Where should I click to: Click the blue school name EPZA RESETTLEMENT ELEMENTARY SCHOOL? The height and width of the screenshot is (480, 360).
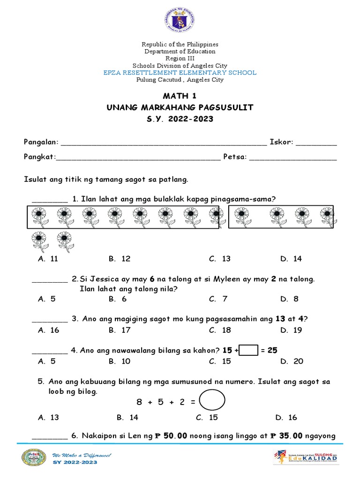click(x=180, y=73)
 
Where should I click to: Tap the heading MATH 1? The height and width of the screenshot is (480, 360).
click(x=180, y=96)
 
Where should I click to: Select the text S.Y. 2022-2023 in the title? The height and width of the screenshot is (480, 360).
click(x=180, y=119)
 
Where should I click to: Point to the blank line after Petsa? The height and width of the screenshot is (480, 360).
click(x=293, y=158)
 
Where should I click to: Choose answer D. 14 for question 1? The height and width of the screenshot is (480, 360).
click(x=291, y=259)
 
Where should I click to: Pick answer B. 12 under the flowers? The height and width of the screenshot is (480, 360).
click(x=120, y=259)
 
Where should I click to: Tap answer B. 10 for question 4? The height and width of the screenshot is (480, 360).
click(x=120, y=361)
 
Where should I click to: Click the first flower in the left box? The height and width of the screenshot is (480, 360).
click(x=38, y=218)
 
